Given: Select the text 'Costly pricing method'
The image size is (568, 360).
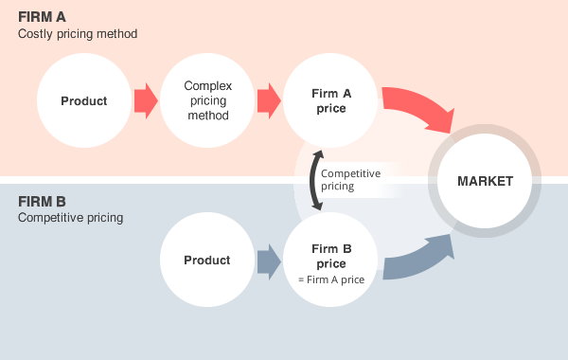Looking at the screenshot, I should (x=78, y=34).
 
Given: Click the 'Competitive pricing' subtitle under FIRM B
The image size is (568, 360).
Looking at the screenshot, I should (x=71, y=218).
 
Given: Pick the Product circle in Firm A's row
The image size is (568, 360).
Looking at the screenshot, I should (x=83, y=101).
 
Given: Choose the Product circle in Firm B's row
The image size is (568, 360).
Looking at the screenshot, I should (x=206, y=261).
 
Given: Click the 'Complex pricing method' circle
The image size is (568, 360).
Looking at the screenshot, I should (x=207, y=101).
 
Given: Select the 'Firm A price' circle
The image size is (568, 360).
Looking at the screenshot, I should (x=330, y=101).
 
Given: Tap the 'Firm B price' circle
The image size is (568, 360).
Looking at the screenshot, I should (x=330, y=259).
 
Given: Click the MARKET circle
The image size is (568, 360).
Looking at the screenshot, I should (x=485, y=181).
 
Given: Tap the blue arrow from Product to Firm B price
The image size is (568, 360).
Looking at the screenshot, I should (x=269, y=261).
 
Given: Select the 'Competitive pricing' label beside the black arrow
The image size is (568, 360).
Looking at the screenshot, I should (x=350, y=180).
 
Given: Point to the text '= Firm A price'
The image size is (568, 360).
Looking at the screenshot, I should (x=330, y=279).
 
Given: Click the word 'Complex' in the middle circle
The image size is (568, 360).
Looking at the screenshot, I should (x=207, y=86).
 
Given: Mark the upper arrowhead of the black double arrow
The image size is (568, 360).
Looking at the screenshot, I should (x=319, y=153).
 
